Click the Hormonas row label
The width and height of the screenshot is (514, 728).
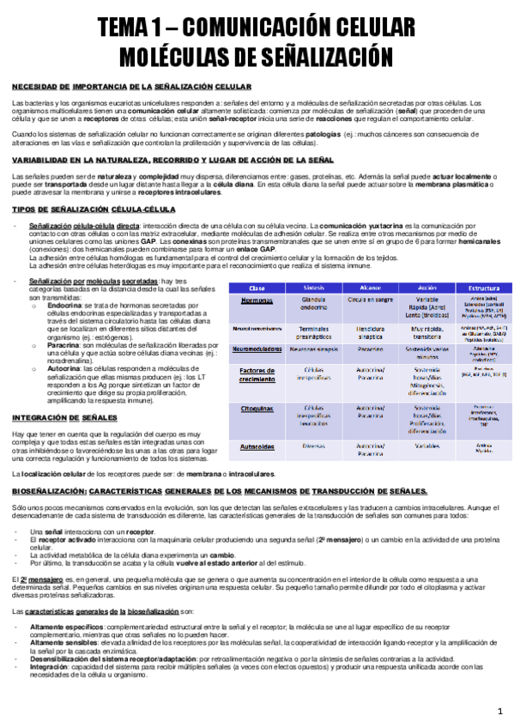click(257, 302)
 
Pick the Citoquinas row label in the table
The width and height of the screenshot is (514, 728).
click(257, 410)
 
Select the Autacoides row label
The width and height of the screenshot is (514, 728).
click(257, 447)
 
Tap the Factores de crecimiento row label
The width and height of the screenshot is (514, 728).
click(257, 374)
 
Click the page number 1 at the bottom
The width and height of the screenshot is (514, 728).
click(499, 713)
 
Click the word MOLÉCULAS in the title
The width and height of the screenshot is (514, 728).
click(184, 56)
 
